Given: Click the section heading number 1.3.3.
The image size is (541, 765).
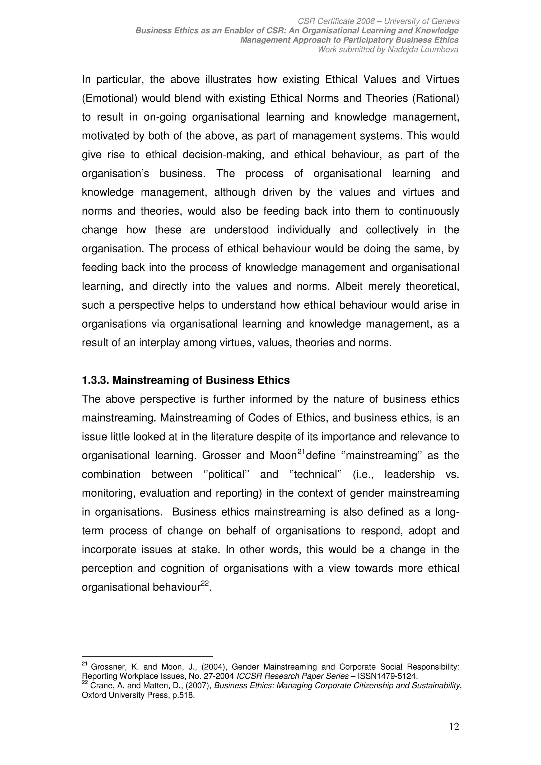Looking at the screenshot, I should (95, 380).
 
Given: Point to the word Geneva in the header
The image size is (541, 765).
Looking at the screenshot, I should (445, 21).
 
